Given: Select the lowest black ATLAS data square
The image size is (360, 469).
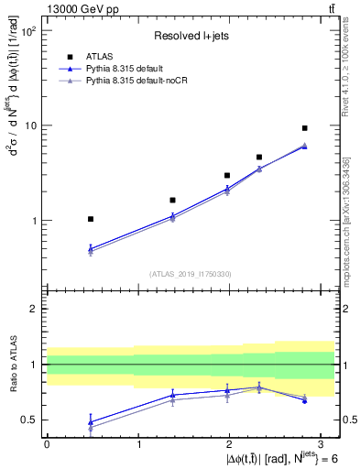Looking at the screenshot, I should click(x=90, y=219).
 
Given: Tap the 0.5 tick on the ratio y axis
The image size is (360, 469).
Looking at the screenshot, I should click(x=28, y=420).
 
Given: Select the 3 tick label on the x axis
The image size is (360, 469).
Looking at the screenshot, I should click(x=322, y=443).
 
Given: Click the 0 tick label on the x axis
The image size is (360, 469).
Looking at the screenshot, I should click(x=47, y=443).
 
